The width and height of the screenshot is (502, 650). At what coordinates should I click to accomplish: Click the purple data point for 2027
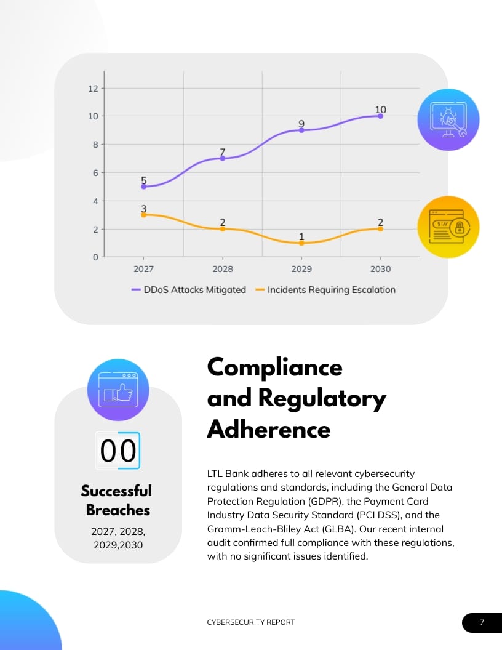tap(144, 187)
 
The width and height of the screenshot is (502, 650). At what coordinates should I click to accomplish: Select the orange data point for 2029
tap(301, 243)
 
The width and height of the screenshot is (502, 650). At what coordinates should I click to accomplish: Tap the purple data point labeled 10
tap(380, 116)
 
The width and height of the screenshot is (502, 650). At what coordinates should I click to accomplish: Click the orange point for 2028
tap(223, 229)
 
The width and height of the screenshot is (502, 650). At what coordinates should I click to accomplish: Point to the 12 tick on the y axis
tap(93, 88)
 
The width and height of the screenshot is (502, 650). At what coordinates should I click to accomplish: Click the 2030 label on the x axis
tap(380, 269)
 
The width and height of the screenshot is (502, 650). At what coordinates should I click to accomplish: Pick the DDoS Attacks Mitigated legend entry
tap(189, 289)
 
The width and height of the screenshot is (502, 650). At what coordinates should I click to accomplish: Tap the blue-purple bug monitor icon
tap(448, 119)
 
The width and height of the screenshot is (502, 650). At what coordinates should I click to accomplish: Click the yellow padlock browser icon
tap(448, 227)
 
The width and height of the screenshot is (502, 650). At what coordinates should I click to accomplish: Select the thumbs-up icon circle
tap(118, 390)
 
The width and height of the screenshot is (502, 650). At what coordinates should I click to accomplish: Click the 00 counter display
tap(118, 451)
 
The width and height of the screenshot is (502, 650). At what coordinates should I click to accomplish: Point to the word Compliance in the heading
tap(274, 367)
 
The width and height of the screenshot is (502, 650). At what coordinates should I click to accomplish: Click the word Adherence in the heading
tap(269, 428)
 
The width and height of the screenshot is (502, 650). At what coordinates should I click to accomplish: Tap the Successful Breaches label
tap(117, 500)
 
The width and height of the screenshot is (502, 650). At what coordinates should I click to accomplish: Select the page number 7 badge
tap(482, 622)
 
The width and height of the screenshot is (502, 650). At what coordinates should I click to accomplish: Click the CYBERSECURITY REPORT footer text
tap(251, 622)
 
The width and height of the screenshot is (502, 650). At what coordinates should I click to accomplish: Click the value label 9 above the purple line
tap(301, 123)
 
